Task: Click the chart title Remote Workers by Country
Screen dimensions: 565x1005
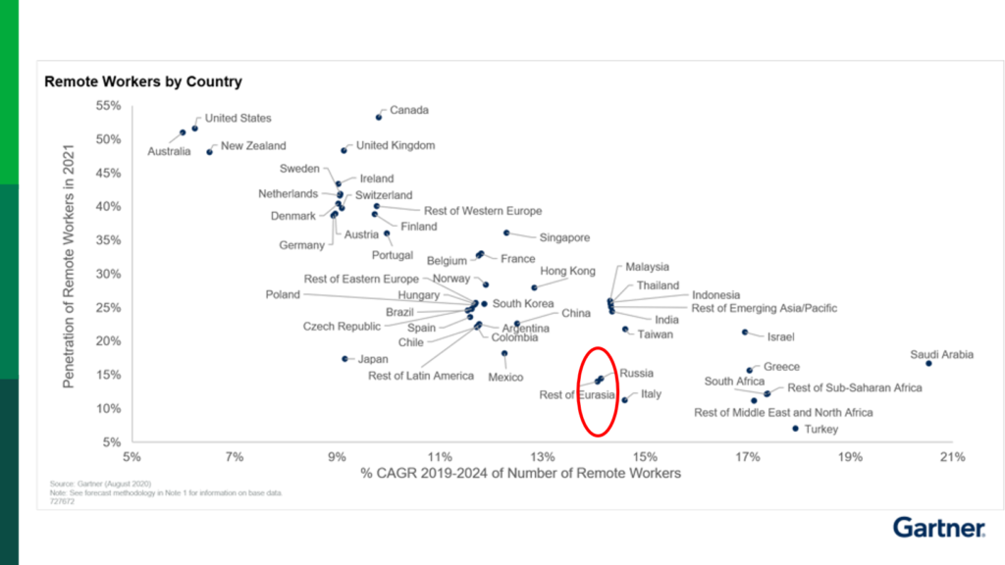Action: (x=142, y=81)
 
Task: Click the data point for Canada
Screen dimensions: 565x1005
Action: (x=379, y=117)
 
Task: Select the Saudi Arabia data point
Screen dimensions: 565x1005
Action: (x=928, y=363)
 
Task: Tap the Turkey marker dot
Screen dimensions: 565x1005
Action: (x=795, y=428)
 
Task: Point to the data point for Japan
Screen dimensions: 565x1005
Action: (x=344, y=359)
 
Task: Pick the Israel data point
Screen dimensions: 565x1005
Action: (x=745, y=333)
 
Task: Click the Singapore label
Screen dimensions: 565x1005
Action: (x=564, y=237)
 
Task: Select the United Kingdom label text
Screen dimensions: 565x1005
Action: (x=395, y=145)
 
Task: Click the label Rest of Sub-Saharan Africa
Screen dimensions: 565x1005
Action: (x=854, y=388)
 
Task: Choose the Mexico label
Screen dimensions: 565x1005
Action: (x=505, y=377)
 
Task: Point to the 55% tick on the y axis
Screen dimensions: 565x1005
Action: (x=108, y=105)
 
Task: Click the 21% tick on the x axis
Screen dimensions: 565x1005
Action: (x=952, y=456)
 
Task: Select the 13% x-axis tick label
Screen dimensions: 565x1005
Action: (x=542, y=456)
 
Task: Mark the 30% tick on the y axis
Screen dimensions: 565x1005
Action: (x=108, y=274)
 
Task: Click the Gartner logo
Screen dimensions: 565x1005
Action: (x=938, y=528)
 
